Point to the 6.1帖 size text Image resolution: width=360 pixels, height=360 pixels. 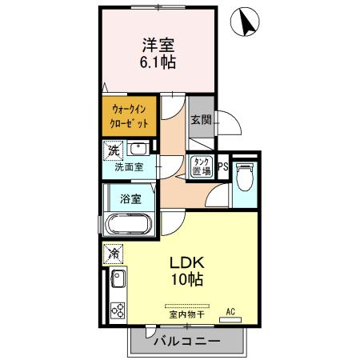click(x=158, y=62)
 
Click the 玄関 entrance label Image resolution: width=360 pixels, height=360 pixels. click(x=200, y=121)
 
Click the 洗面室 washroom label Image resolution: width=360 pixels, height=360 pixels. click(x=128, y=168)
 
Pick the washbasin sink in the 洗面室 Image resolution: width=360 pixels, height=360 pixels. click(x=138, y=149)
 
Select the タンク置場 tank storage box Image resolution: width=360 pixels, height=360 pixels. click(x=201, y=166)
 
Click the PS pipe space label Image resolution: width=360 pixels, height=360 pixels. click(x=222, y=167)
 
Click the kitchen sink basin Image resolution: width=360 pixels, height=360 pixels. click(x=117, y=282)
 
